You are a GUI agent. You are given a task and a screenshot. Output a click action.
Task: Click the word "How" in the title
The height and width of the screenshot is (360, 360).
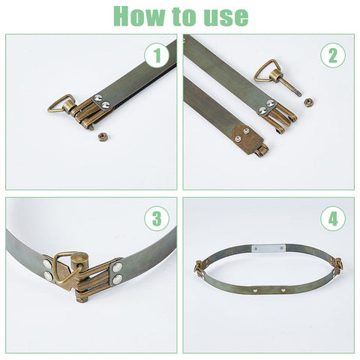click(x=139, y=16)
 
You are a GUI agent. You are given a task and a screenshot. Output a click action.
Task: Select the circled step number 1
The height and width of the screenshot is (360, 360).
click(x=157, y=55)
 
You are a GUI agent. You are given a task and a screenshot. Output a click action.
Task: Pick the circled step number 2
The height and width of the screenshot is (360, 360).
click(x=333, y=55)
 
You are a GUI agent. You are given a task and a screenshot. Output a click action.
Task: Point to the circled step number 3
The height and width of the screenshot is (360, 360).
click(x=157, y=218)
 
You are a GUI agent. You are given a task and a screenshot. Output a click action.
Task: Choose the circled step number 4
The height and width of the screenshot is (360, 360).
click(x=333, y=219)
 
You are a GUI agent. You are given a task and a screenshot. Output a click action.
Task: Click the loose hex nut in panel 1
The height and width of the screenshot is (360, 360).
click(x=102, y=136)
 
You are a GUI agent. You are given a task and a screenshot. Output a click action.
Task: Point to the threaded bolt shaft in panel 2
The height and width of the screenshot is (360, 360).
click(x=292, y=88)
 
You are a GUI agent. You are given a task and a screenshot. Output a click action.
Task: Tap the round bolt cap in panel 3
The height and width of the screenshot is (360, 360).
click(x=79, y=261)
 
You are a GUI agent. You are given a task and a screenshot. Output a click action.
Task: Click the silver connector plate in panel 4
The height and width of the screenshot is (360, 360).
click(x=268, y=249)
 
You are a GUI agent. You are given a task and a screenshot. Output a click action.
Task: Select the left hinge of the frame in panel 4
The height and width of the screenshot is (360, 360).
click(x=199, y=266)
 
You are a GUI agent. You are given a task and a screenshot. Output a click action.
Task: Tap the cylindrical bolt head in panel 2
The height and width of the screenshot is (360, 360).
click(x=276, y=75)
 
